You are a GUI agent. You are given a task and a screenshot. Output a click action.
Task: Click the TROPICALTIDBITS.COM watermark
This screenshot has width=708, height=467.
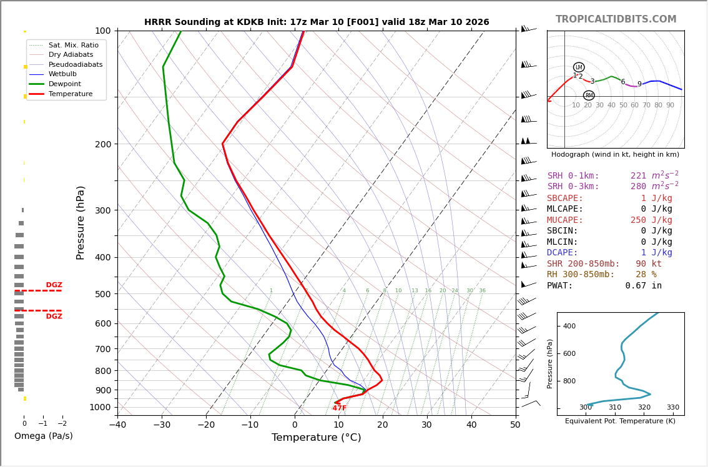click(616, 19)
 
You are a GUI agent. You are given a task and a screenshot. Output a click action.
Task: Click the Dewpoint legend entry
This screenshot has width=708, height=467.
click(66, 84)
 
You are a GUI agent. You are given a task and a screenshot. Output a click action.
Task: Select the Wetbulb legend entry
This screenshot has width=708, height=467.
click(66, 74)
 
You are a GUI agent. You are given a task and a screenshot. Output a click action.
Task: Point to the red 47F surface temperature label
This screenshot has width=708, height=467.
click(339, 408)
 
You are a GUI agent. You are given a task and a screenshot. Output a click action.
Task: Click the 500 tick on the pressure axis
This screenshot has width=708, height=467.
click(102, 294)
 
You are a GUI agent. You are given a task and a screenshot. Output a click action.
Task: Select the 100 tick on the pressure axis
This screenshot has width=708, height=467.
click(102, 31)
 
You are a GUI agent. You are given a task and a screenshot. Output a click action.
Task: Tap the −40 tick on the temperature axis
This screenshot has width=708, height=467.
click(117, 425)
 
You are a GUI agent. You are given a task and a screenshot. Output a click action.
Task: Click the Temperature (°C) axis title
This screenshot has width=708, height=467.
click(316, 438)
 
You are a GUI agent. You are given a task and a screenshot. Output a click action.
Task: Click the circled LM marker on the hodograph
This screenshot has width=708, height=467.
click(579, 67)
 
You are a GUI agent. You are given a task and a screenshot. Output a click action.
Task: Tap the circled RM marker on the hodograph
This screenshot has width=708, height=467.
click(589, 96)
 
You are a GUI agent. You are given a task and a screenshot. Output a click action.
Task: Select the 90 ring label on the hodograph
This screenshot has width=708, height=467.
click(670, 106)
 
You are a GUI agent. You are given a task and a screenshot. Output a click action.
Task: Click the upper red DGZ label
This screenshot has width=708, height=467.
click(54, 285)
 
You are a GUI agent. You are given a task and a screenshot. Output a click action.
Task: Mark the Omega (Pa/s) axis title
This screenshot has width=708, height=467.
click(44, 436)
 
